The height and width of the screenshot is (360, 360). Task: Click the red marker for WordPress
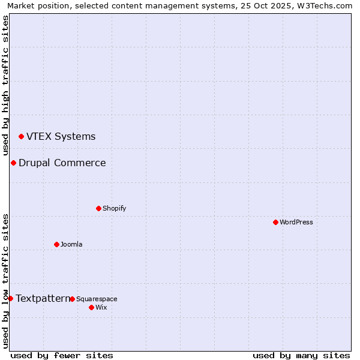coord(275,222)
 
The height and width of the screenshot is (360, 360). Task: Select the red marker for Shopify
coord(98,208)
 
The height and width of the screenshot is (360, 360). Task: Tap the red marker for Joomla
coord(56,244)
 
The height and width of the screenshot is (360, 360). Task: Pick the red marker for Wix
coord(91,307)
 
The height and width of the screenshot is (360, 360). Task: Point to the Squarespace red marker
coord(72,299)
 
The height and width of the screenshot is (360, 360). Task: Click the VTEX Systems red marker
coord(21,137)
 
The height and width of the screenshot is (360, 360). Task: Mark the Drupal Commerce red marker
coord(13,163)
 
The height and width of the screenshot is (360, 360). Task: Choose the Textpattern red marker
coord(10,298)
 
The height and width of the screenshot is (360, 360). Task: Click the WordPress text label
coord(296,222)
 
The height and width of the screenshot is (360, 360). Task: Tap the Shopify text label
coord(115,208)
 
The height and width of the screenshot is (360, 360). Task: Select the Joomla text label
coord(71,244)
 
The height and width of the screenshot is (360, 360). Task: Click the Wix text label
coord(101,307)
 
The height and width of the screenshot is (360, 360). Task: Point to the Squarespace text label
coord(97,299)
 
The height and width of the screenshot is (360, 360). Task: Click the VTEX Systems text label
coord(61,136)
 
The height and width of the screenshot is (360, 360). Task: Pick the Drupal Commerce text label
coord(62,163)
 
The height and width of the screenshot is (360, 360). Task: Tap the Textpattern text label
coord(43,298)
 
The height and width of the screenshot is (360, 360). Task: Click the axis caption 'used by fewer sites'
coord(62,355)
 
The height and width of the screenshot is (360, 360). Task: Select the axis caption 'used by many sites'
coord(301,355)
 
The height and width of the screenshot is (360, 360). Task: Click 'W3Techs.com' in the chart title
coord(325,5)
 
